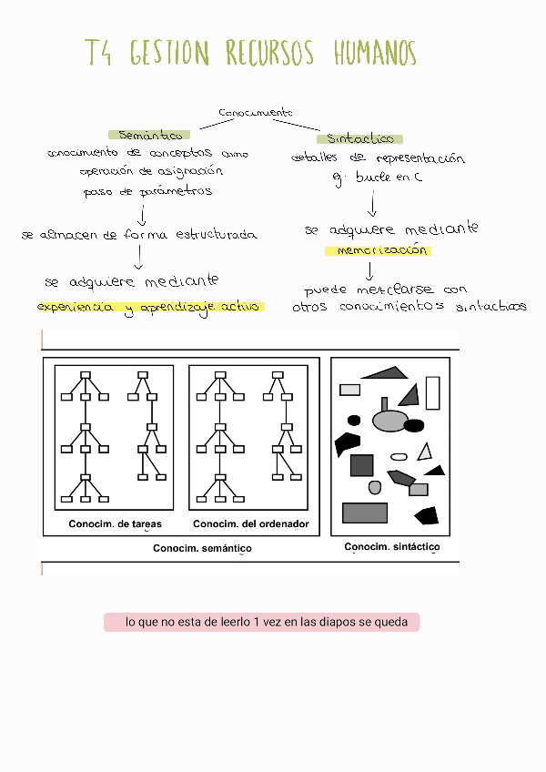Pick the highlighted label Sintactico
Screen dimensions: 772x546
pyautogui.click(x=360, y=139)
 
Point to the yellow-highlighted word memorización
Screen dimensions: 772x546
pyautogui.click(x=378, y=250)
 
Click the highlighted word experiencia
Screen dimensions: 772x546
pyautogui.click(x=76, y=308)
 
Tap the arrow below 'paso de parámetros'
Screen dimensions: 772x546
pyautogui.click(x=141, y=214)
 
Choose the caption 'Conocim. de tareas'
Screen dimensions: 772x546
pyautogui.click(x=115, y=524)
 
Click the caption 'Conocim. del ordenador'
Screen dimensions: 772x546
pyautogui.click(x=251, y=524)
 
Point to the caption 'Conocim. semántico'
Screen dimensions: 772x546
pyautogui.click(x=202, y=548)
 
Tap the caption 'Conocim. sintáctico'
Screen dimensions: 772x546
pyautogui.click(x=392, y=547)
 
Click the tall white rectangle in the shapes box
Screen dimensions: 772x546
pyautogui.click(x=432, y=392)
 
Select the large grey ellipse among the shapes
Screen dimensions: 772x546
pyautogui.click(x=390, y=420)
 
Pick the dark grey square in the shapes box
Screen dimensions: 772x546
pyautogui.click(x=362, y=465)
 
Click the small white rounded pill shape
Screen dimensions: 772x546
pyautogui.click(x=399, y=457)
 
